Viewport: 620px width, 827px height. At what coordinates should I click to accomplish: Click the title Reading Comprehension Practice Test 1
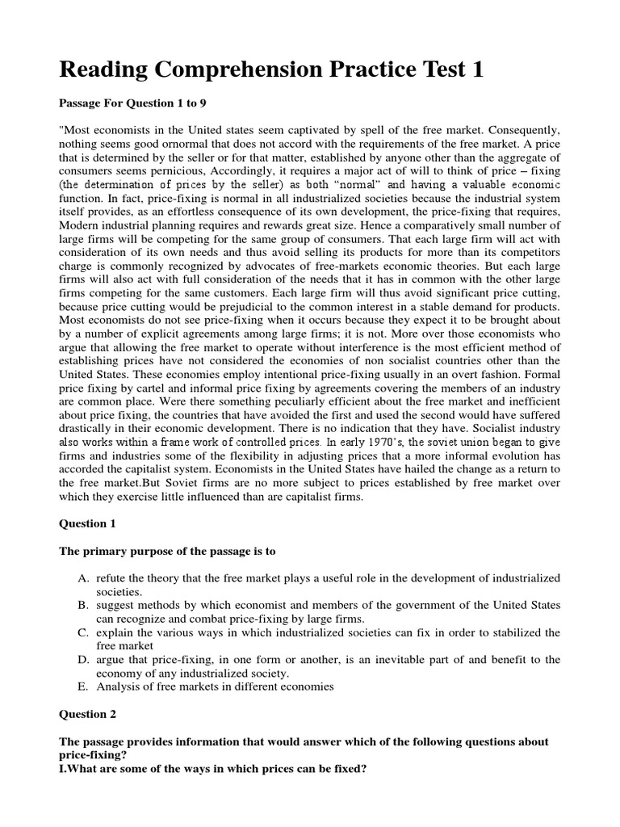click(x=272, y=70)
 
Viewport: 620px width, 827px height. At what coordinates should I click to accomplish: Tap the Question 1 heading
click(x=88, y=523)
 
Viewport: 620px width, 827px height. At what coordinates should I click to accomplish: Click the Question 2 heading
click(x=88, y=714)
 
